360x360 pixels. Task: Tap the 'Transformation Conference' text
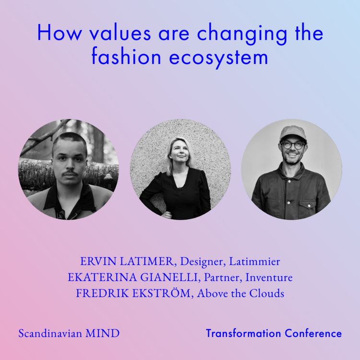point(274,333)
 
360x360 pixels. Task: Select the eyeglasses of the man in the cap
point(293,144)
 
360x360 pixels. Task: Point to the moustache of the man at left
point(70,170)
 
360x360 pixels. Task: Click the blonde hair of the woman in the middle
point(171,149)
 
